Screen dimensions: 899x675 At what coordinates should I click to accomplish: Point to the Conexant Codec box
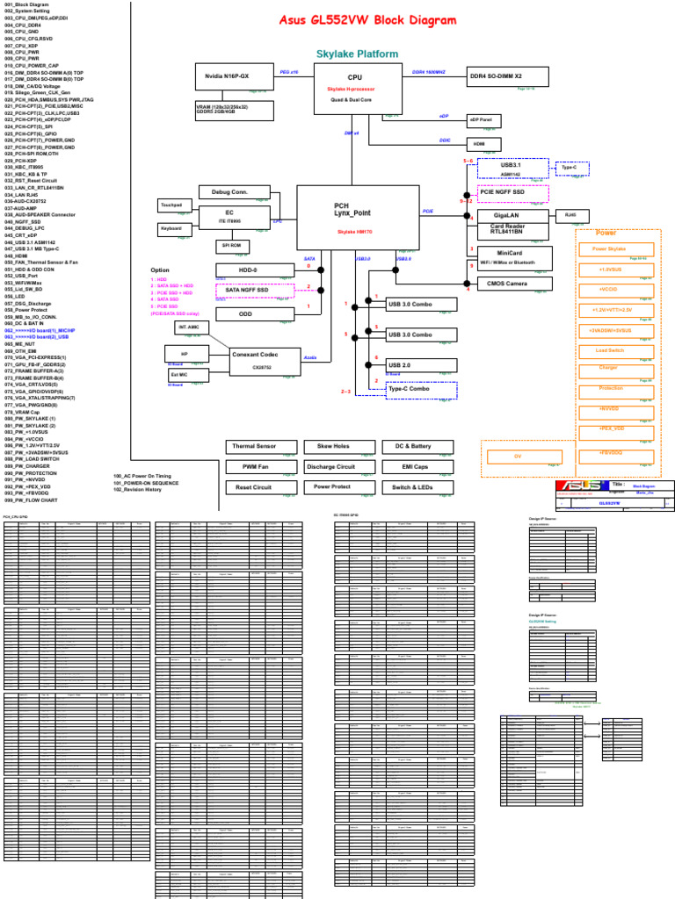pos(255,358)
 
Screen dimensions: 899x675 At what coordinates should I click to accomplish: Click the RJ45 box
pos(571,215)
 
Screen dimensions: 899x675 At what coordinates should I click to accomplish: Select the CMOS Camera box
pos(513,284)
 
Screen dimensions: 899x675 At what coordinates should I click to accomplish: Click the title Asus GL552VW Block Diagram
pos(367,21)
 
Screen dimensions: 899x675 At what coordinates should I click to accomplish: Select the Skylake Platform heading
pos(357,54)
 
